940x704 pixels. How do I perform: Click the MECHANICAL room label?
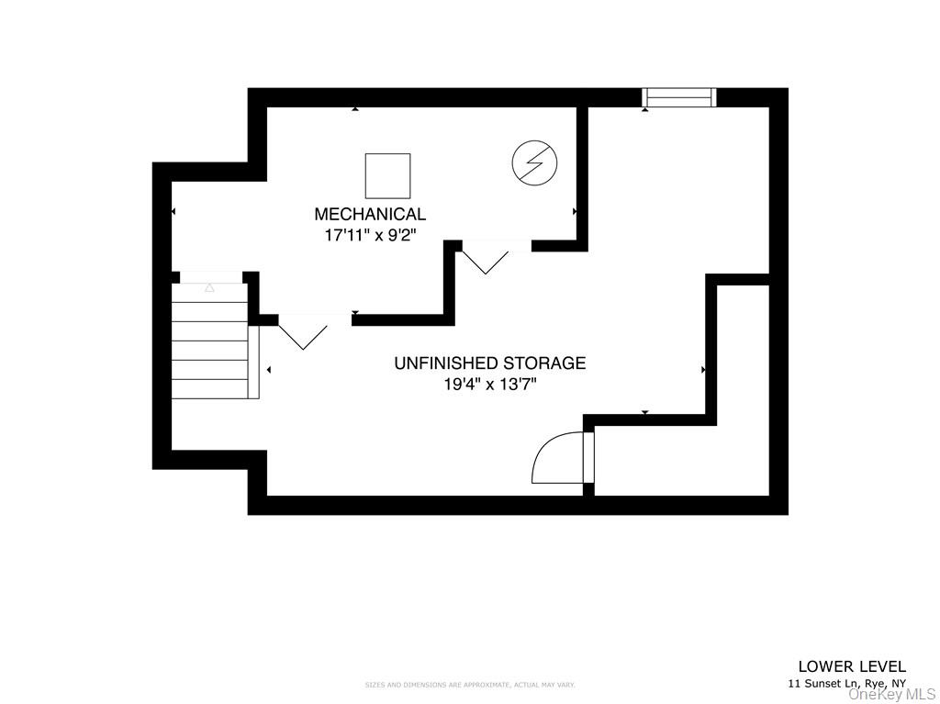(370, 214)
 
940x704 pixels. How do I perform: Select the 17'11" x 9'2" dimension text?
(370, 235)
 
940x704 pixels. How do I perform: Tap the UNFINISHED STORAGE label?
(489, 363)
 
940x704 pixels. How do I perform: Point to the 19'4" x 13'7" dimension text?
(489, 385)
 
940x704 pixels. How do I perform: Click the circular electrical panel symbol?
(534, 162)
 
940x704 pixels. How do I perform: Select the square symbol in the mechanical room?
(387, 175)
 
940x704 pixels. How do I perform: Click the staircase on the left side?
(209, 341)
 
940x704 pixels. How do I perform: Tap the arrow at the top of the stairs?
(209, 287)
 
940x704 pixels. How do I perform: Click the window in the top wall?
(678, 96)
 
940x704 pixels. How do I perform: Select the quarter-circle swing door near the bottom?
(559, 459)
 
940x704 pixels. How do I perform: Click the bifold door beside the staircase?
(303, 331)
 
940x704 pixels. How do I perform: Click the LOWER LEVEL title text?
(852, 666)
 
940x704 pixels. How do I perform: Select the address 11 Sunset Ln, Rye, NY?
(846, 684)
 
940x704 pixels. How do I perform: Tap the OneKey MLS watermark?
(891, 694)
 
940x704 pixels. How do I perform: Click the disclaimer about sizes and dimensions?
(470, 685)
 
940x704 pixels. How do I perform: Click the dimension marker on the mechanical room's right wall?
(575, 211)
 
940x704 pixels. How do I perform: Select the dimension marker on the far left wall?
(173, 212)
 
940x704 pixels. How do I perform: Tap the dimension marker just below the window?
(645, 110)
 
